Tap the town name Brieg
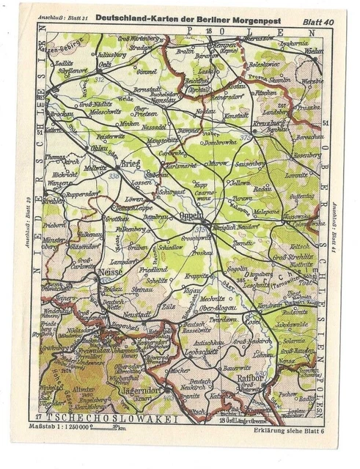click(131, 163)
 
